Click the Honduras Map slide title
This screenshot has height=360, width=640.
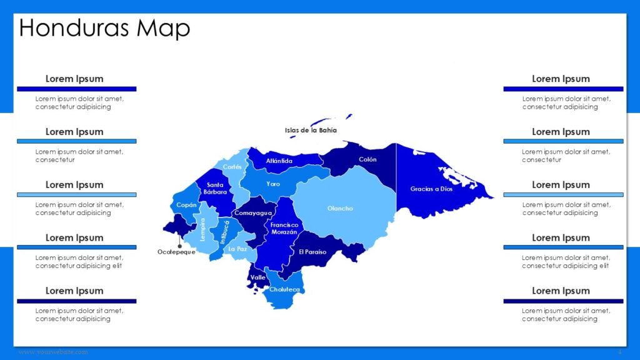tap(105, 28)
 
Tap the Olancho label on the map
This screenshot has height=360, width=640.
tap(340, 208)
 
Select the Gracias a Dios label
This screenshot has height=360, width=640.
tap(431, 189)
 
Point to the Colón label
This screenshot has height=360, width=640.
tap(367, 159)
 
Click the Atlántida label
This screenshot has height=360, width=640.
tap(279, 161)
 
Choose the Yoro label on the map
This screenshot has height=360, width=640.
tap(273, 184)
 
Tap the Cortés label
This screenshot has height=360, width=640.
tap(232, 167)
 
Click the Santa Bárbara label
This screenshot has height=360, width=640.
tap(216, 188)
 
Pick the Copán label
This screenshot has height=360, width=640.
tap(186, 205)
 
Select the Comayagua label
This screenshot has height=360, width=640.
tap(252, 213)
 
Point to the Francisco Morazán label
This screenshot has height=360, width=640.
tap(284, 228)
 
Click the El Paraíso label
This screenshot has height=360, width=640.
tap(312, 252)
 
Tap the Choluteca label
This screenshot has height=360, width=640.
tap(284, 289)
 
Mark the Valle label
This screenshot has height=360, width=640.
tap(257, 277)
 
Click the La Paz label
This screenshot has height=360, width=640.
tap(237, 249)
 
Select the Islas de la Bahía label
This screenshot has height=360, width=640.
tap(311, 131)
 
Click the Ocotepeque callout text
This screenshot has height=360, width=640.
tap(176, 252)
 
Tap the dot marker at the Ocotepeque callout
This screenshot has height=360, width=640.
tap(180, 237)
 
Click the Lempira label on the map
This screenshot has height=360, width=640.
tap(202, 229)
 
